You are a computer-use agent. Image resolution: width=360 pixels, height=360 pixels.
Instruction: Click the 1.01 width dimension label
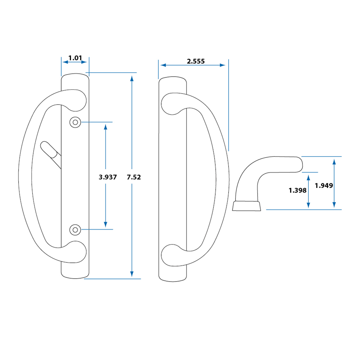[75, 58]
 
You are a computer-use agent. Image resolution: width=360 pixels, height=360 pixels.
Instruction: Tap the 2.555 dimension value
[195, 61]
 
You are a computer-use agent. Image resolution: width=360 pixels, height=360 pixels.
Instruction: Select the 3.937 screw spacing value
[108, 177]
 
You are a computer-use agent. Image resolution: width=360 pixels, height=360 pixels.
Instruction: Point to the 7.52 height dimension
[134, 177]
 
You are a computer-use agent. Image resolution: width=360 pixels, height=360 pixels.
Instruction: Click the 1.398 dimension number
[297, 190]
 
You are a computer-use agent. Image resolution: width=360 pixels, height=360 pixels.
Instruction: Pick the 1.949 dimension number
[324, 186]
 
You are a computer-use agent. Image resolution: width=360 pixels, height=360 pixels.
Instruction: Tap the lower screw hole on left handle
[75, 229]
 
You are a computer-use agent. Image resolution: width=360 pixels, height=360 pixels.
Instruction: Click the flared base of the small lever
[247, 206]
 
